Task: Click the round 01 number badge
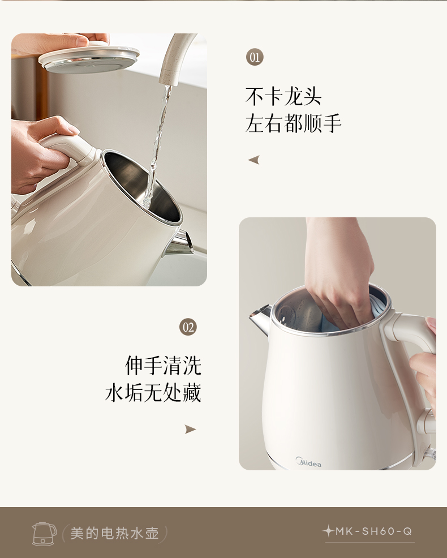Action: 255,57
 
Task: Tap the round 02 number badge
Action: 188,327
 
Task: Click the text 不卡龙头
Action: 283,96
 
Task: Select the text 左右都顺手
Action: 293,123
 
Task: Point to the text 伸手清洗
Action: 163,366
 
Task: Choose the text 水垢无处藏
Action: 153,393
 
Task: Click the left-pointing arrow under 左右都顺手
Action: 253,160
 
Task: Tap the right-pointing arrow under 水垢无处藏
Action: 191,429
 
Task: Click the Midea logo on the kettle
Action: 308,462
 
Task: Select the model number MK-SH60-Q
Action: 373,531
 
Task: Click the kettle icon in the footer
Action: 45,534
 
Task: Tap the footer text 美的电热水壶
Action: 114,533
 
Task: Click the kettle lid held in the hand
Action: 89,58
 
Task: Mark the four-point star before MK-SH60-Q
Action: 328,531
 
